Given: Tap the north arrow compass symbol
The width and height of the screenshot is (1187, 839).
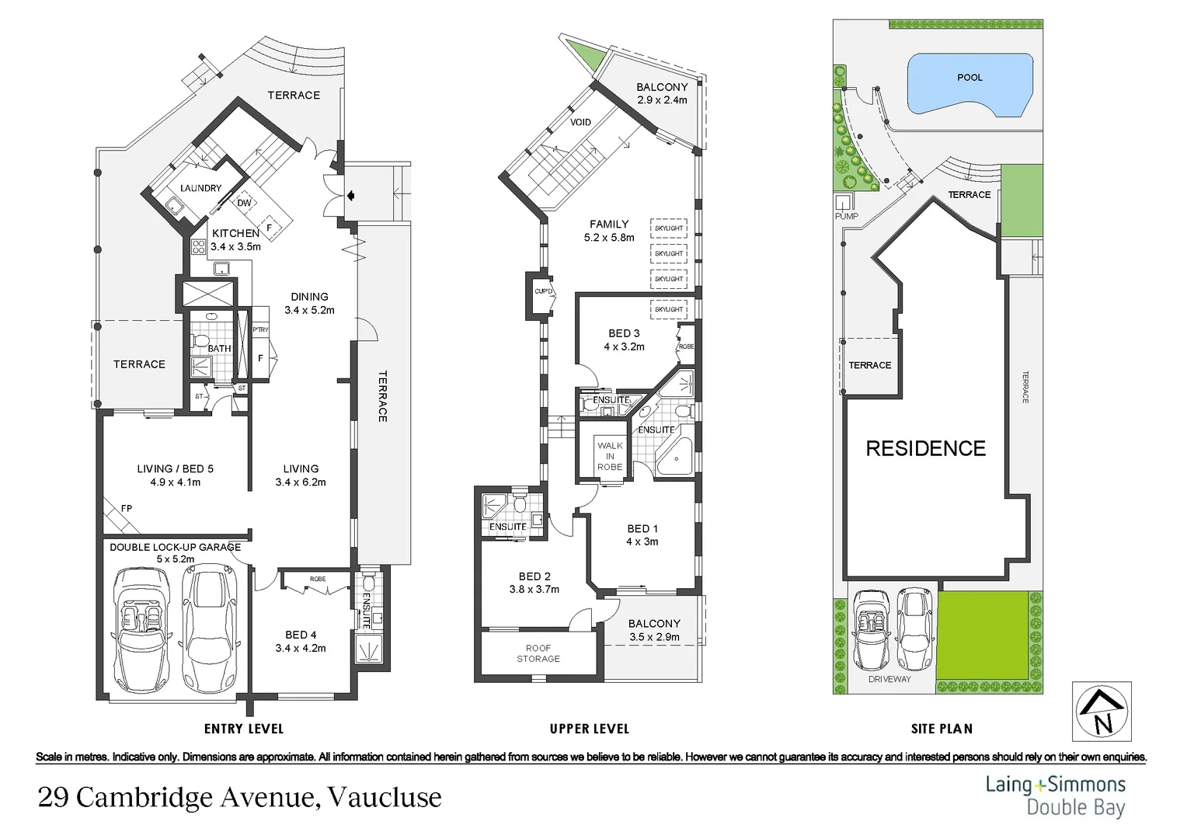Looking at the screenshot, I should (1102, 712).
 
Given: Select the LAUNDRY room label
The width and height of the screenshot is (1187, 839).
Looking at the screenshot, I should (200, 188).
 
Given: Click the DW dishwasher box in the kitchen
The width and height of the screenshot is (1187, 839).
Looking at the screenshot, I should (244, 203).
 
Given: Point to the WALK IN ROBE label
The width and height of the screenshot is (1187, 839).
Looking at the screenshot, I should (610, 456).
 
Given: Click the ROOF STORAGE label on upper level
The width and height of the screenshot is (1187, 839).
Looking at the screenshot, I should (538, 653).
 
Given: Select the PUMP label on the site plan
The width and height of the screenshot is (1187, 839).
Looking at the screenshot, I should (846, 216).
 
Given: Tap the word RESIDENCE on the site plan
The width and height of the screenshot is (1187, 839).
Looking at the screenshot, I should (925, 448).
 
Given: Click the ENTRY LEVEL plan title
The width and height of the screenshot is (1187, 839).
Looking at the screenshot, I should (244, 729).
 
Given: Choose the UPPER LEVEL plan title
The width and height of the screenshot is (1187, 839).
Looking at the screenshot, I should (589, 729).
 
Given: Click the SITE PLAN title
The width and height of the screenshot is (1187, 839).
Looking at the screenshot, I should (942, 729).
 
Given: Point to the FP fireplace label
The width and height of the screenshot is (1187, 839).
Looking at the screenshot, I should (127, 508).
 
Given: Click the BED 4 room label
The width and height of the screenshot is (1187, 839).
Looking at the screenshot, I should (301, 635).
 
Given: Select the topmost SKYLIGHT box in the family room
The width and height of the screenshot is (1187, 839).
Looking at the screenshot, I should (668, 228).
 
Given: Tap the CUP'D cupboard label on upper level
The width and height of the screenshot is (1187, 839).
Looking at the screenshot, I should (542, 292).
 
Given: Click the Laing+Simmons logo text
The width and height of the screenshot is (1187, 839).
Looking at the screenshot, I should (1055, 784).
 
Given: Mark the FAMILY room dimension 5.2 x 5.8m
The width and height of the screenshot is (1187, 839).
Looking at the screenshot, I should (609, 238).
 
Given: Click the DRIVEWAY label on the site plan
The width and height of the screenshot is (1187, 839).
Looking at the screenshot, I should (889, 679).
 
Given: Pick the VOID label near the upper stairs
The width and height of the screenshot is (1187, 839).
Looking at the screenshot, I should (580, 122).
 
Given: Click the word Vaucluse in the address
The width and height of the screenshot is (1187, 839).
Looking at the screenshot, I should (384, 798).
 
